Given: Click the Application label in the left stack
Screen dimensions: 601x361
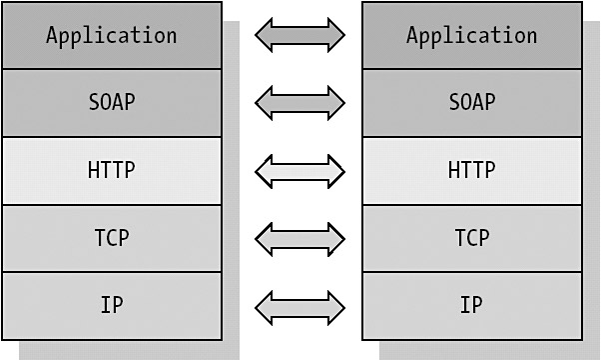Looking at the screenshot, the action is click(x=112, y=36).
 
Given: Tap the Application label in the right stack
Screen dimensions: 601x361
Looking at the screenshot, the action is click(x=472, y=36).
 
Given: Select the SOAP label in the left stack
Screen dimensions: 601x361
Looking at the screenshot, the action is click(x=112, y=102).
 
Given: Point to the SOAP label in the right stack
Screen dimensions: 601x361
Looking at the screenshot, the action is click(x=472, y=102).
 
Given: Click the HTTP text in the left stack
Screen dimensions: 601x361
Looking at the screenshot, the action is click(x=112, y=170).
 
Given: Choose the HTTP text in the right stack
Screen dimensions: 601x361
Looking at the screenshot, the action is click(x=472, y=170).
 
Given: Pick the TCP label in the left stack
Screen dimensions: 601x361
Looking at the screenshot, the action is click(x=112, y=237).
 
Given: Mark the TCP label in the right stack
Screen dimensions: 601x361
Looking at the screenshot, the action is click(x=472, y=237).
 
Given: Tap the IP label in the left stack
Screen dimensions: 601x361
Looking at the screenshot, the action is click(x=112, y=305).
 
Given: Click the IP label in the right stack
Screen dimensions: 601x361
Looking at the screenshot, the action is click(x=472, y=305).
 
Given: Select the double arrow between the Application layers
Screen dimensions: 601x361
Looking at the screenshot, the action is click(x=300, y=35).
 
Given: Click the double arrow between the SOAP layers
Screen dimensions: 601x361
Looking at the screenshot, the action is click(x=300, y=103).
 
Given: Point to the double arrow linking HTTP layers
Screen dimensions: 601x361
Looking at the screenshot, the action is click(x=300, y=171).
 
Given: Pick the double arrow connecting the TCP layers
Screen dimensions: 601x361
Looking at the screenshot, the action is click(x=300, y=239).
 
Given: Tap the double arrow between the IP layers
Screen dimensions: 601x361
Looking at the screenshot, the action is click(x=300, y=308).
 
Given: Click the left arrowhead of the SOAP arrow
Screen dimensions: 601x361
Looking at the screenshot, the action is click(x=264, y=103).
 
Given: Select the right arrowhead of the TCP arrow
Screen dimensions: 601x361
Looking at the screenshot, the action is click(x=336, y=239).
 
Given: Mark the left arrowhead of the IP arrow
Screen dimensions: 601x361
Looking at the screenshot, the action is click(x=264, y=308).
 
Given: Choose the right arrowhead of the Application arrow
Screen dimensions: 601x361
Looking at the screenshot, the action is click(x=336, y=35).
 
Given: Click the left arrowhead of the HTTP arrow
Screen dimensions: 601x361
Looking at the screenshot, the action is click(x=264, y=171).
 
